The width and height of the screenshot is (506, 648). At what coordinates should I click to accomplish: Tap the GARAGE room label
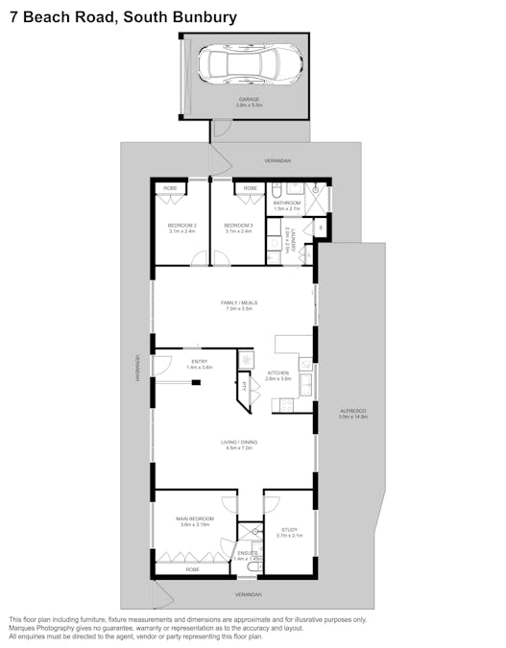(250, 100)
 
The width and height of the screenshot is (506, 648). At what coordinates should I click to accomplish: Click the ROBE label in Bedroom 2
(169, 188)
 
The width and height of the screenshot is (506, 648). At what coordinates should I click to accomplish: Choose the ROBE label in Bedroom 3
(250, 188)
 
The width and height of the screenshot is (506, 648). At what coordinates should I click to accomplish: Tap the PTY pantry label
(245, 386)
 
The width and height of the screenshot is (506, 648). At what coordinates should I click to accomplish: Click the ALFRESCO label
(353, 413)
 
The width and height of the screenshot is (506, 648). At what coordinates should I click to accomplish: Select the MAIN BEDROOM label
(195, 520)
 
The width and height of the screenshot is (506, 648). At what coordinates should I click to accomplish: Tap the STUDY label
(289, 531)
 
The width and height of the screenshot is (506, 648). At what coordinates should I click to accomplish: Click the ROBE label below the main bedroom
(193, 570)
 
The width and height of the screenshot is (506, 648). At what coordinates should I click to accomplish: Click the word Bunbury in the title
(204, 16)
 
